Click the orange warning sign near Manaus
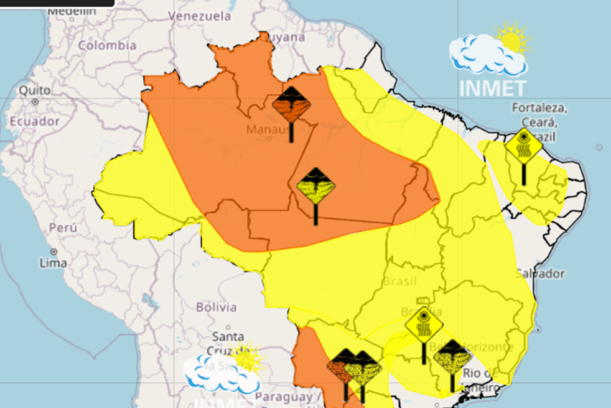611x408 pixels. pyautogui.click(x=292, y=105)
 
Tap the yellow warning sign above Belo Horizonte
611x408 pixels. pyautogui.click(x=423, y=325)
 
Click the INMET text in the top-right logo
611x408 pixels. pyautogui.click(x=492, y=87)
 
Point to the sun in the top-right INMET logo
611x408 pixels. pyautogui.click(x=511, y=39)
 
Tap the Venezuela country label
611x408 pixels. pyautogui.click(x=199, y=16)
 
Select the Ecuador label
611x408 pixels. pyautogui.click(x=34, y=122)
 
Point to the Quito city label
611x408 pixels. pyautogui.click(x=30, y=90)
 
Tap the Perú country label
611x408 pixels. pyautogui.click(x=64, y=228)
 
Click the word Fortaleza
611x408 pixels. pyautogui.click(x=539, y=108)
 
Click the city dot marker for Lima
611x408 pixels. pyautogui.click(x=53, y=252)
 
